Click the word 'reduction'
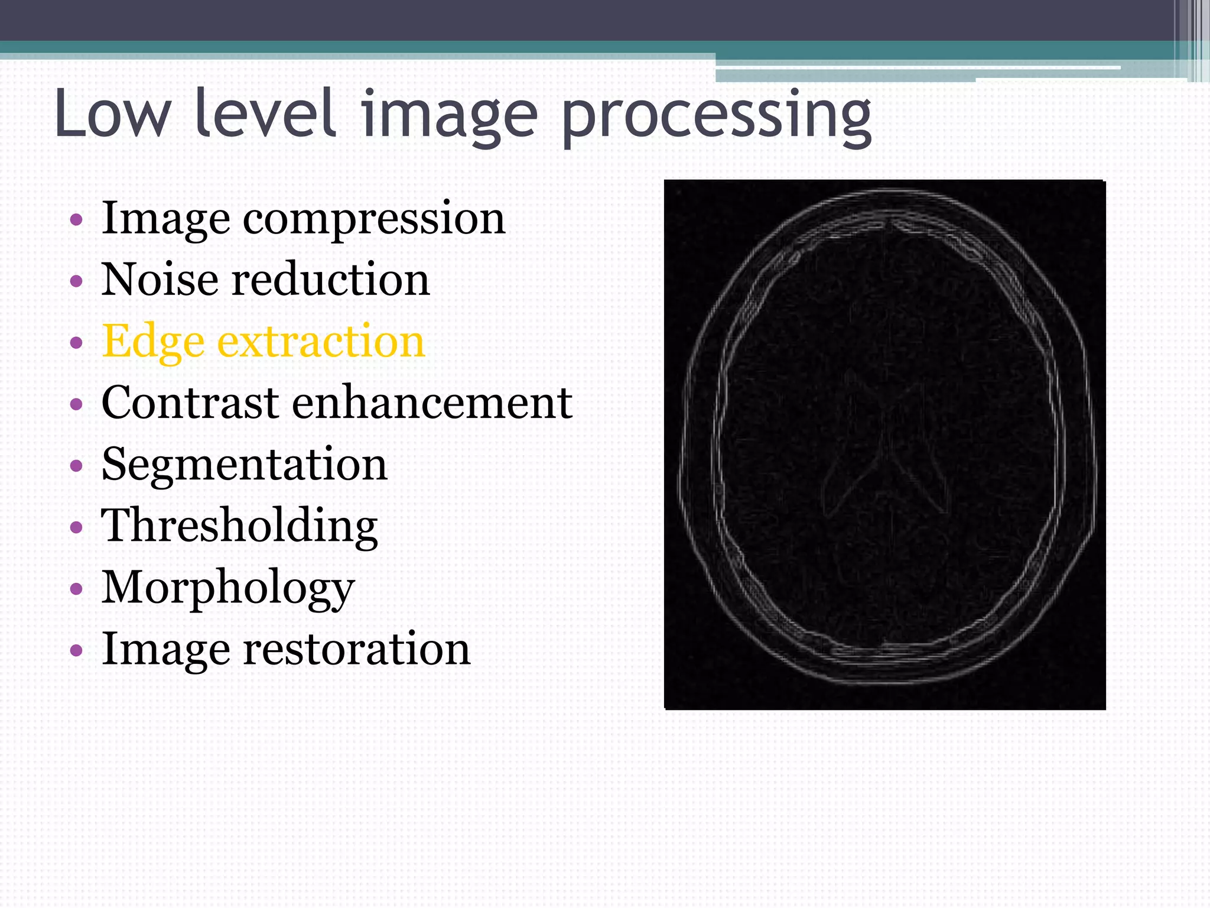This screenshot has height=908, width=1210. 330,279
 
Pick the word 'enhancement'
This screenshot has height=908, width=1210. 432,403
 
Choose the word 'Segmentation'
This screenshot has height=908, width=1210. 244,465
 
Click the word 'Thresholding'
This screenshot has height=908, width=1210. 239,526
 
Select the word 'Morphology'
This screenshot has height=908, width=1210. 228,588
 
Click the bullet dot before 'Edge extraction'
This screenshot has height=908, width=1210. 76,343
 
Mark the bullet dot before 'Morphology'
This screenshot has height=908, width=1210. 76,589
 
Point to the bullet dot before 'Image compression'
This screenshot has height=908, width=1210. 76,220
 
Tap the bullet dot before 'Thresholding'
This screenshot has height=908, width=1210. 76,527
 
